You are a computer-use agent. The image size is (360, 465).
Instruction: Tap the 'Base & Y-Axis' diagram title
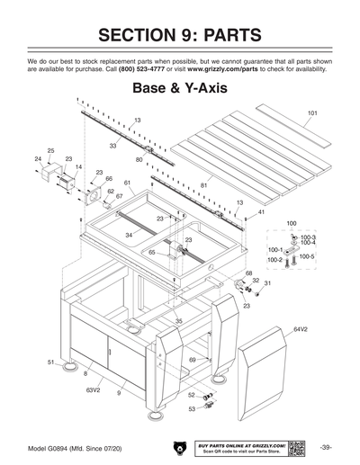coord(180,89)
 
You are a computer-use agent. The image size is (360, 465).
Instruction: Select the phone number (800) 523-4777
coord(142,69)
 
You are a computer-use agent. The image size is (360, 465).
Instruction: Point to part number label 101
coord(311,113)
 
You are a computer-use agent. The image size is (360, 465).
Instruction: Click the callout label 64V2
coord(301,329)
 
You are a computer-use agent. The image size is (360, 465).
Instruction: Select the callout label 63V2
coord(93,390)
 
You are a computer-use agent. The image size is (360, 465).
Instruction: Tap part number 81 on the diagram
coord(204,185)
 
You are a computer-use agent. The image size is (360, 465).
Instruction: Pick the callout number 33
coord(113,145)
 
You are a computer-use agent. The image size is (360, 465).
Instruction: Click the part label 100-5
coord(307,256)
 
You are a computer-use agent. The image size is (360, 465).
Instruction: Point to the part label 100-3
coord(308,237)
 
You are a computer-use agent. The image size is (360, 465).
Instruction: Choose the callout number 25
coord(50,149)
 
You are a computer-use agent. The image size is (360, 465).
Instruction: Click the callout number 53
coord(191,408)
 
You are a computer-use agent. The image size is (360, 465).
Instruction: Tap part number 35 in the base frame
coord(179,321)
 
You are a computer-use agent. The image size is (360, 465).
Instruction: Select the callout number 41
coord(260,211)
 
